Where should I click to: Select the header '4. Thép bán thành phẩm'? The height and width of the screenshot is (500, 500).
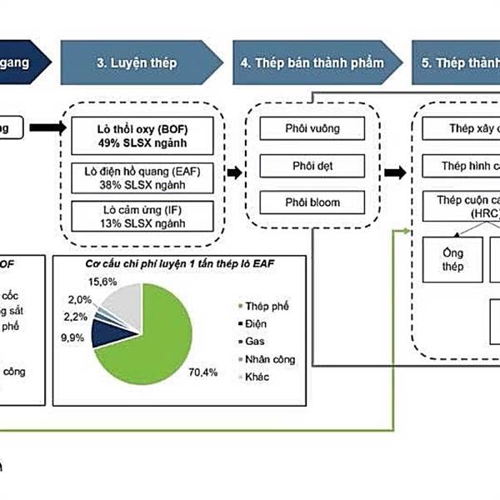312,63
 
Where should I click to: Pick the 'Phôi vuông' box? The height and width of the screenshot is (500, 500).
312,129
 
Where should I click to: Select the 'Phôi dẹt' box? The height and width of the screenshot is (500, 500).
312,165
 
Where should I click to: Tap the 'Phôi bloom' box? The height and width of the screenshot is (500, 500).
312,202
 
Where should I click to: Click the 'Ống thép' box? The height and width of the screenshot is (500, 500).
447,259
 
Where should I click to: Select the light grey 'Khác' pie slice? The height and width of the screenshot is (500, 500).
125,300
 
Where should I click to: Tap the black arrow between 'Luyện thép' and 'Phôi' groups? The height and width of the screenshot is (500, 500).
235,172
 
